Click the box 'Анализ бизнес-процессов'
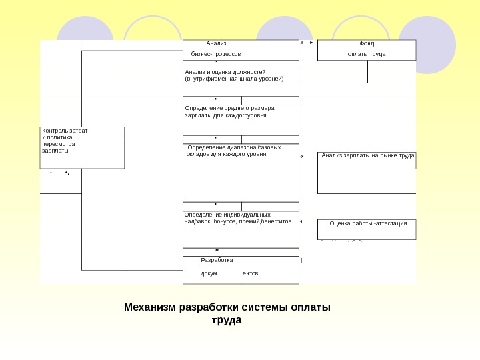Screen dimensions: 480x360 [x=241, y=50]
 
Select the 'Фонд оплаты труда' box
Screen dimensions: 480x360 [x=366, y=50]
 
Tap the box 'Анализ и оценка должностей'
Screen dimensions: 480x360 [x=241, y=83]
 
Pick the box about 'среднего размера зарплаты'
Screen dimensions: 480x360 [x=241, y=120]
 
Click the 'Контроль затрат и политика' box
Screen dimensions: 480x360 [x=82, y=147]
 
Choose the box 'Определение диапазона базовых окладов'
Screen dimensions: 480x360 [x=241, y=173]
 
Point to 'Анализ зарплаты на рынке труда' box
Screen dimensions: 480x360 [x=367, y=172]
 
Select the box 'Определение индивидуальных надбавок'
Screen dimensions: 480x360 [x=241, y=224]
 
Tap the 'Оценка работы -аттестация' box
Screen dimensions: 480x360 [x=367, y=229]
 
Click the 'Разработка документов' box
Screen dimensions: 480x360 [x=241, y=269]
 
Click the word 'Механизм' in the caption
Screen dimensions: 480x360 [x=147, y=307]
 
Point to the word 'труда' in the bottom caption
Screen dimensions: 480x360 [x=226, y=320]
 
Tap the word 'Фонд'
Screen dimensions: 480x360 [x=367, y=43]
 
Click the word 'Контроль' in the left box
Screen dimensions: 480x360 [x=54, y=131]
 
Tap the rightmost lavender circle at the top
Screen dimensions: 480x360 [x=427, y=44]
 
